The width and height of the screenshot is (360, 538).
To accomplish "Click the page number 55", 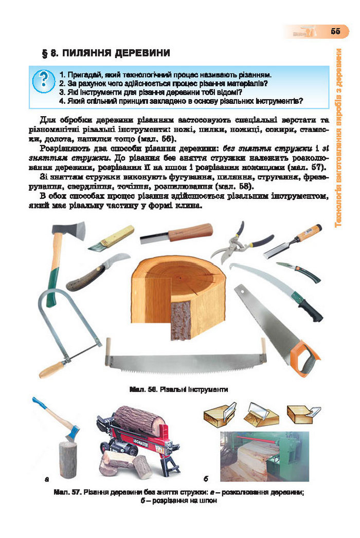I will [x=335, y=31].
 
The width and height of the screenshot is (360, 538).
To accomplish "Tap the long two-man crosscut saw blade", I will [x=185, y=361].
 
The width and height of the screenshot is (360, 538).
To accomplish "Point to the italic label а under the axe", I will [x=47, y=480].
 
